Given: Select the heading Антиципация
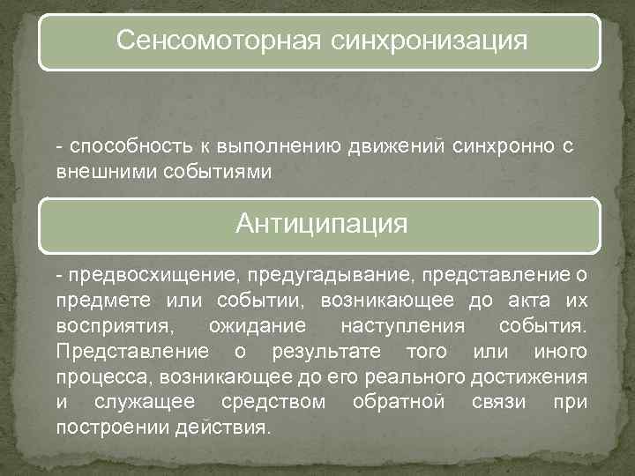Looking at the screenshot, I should coord(322,223).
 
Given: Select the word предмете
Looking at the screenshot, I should coord(94,301).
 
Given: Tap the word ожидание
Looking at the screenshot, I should coord(258,326).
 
